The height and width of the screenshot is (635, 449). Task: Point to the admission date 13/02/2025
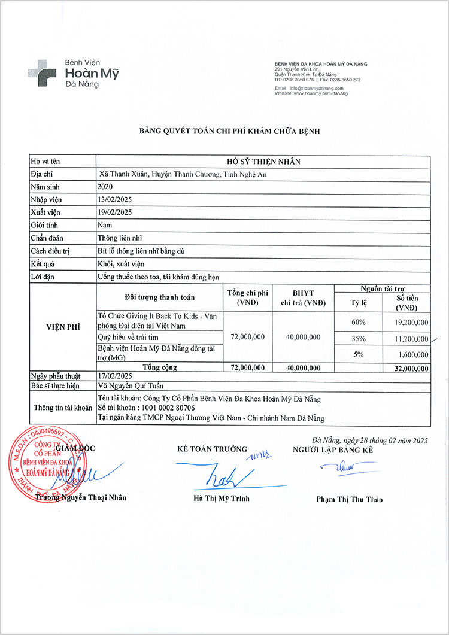(x=114, y=199)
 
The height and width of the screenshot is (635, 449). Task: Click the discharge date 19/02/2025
(x=114, y=212)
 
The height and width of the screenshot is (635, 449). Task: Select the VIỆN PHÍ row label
(x=63, y=327)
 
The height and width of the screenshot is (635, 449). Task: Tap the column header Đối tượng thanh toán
(x=159, y=297)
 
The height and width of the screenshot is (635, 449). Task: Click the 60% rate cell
(x=359, y=322)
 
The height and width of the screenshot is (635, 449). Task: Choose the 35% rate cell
(x=359, y=339)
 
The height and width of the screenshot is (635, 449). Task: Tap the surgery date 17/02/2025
(x=114, y=376)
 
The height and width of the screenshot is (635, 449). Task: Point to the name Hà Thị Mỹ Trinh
(x=221, y=498)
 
